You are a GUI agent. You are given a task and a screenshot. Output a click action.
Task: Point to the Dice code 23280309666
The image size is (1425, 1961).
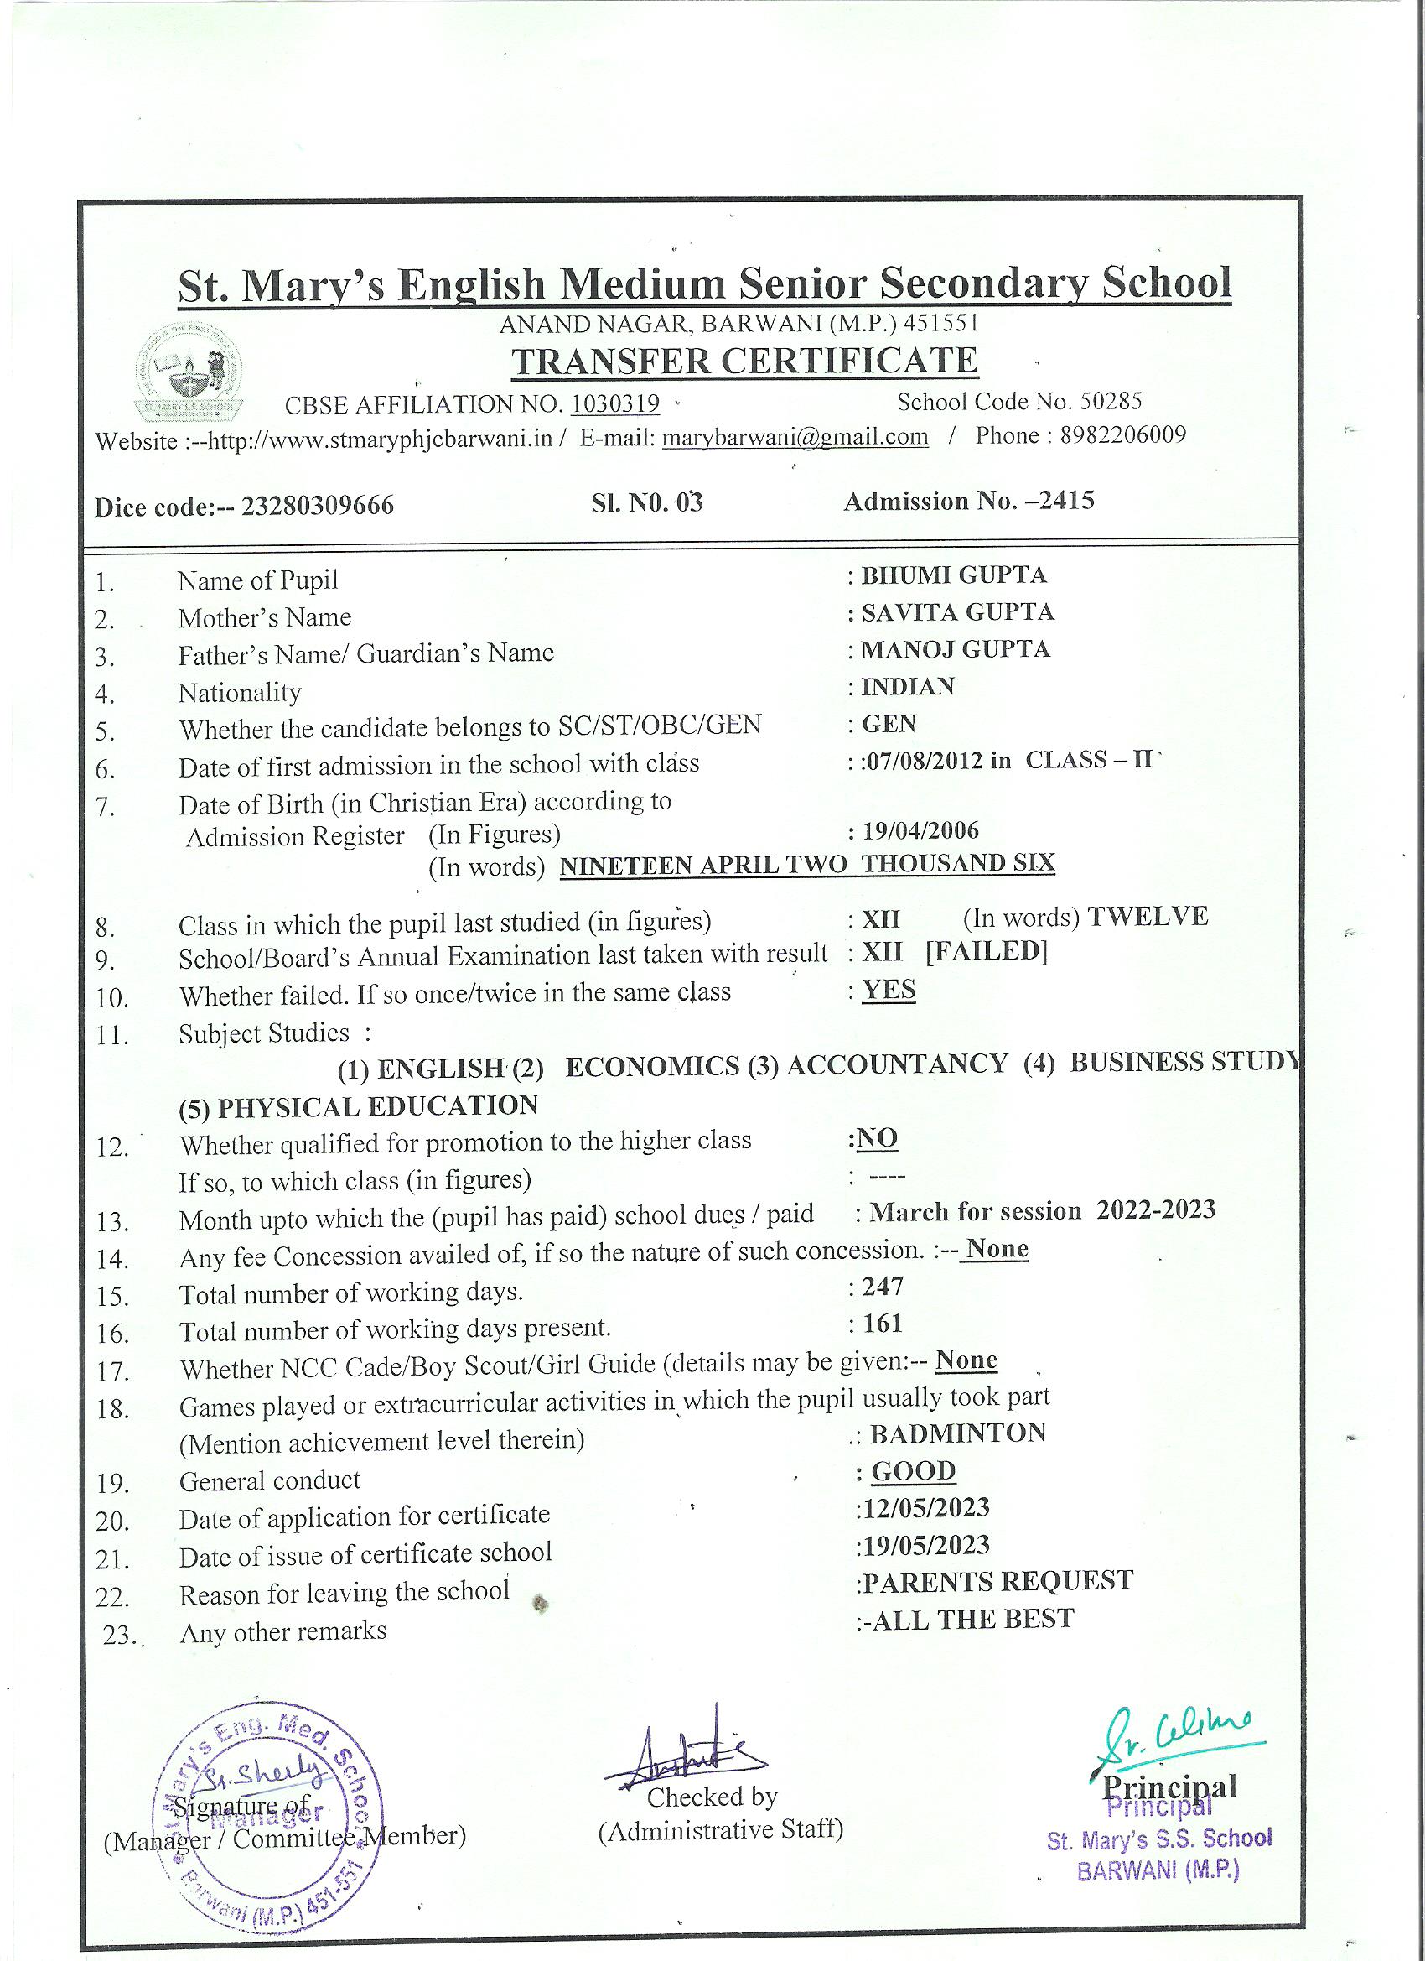(x=317, y=505)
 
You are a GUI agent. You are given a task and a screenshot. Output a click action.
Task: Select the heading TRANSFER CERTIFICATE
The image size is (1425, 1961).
(x=744, y=361)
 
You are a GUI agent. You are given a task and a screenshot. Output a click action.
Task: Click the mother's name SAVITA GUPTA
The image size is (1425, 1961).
(x=956, y=612)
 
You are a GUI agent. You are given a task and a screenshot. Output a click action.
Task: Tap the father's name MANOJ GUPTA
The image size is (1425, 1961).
(x=955, y=649)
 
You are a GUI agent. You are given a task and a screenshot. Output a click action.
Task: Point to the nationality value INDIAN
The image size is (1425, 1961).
(x=907, y=687)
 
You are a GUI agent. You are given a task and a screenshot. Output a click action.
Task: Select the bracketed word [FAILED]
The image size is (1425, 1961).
(x=986, y=952)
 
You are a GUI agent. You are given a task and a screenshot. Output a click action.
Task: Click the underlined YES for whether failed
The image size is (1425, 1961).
(x=889, y=990)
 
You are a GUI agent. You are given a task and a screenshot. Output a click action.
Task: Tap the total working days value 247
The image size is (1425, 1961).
(x=883, y=1287)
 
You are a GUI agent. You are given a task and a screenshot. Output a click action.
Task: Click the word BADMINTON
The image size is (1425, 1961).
(x=957, y=1433)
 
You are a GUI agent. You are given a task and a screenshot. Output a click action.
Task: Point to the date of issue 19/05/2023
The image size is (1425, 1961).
(x=925, y=1545)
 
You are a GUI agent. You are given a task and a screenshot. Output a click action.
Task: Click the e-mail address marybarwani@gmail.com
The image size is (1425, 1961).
(x=794, y=437)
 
